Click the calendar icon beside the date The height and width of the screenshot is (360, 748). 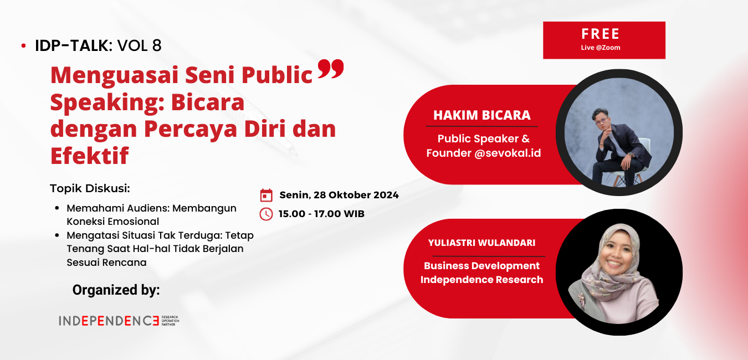coord(267,195)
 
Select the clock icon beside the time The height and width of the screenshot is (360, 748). coord(267,214)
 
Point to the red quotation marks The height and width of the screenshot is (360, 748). coord(331,70)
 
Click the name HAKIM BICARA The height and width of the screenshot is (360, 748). coord(481,115)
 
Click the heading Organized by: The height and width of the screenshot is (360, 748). coord(116,290)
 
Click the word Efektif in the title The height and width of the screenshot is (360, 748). coord(89,156)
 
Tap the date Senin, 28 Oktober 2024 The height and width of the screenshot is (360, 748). coord(339,195)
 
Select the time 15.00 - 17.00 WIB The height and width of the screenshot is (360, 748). coord(321,214)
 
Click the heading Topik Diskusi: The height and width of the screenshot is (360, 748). coord(90,188)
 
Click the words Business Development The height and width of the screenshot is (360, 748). coord(481,266)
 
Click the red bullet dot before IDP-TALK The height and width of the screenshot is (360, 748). coord(23,46)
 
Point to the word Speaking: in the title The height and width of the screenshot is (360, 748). coord(100,102)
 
